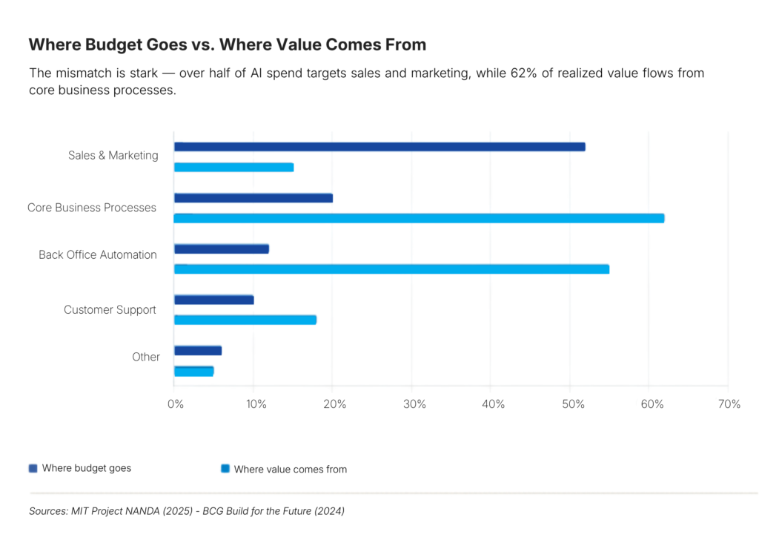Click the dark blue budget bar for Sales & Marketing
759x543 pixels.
pos(379,147)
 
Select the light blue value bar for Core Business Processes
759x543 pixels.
pos(419,218)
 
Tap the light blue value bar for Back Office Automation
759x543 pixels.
pos(391,269)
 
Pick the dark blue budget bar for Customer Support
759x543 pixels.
pos(214,300)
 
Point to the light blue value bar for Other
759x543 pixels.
pos(193,371)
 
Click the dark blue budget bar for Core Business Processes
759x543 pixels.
pos(253,198)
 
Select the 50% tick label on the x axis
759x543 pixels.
pos(572,404)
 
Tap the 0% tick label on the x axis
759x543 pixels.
pos(176,404)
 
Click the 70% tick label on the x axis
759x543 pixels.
pos(729,404)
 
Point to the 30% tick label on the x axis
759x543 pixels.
pos(414,404)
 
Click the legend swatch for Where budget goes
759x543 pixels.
pos(33,468)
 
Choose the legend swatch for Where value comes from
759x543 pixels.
pos(225,469)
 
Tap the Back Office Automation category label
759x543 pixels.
pos(98,254)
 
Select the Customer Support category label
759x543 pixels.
pos(110,309)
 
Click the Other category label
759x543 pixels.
pos(146,357)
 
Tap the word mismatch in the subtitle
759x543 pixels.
pos(82,73)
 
